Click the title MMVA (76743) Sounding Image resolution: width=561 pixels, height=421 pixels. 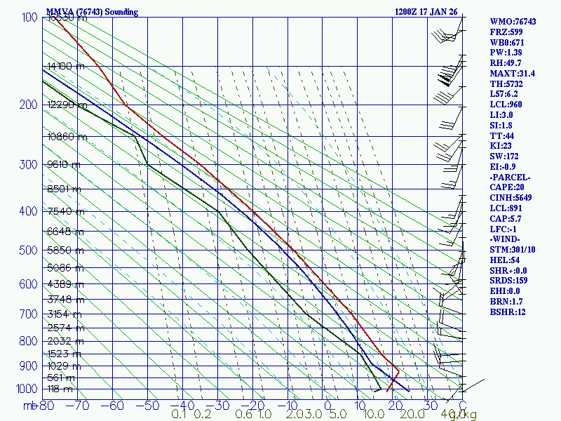(92, 12)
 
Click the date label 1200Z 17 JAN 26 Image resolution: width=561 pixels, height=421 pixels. (427, 12)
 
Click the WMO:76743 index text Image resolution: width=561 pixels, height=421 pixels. (513, 22)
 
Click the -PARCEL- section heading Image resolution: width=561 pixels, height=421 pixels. (511, 177)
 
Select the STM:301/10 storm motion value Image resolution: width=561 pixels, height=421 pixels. (513, 250)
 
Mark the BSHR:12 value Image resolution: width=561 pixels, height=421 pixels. (508, 312)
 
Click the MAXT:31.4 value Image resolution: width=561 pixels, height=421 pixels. (513, 73)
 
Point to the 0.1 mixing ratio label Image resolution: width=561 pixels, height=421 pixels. (179, 415)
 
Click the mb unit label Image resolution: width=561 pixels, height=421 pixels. (29, 406)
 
